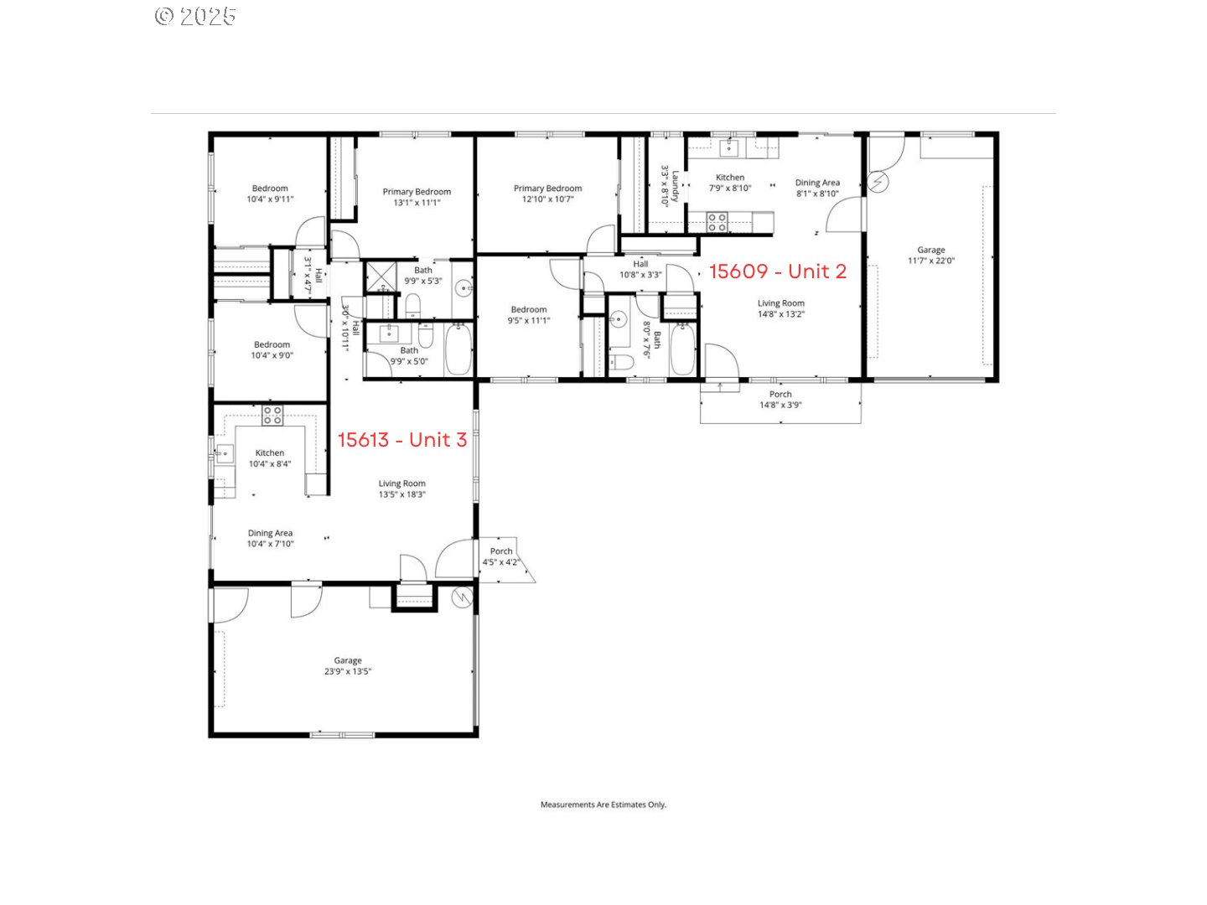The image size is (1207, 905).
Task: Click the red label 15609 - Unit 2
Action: pos(777,271)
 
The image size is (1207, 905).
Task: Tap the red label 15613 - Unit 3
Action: pos(402,440)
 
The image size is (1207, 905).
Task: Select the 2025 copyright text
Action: pos(195,17)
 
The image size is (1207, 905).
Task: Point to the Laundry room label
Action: pos(670,186)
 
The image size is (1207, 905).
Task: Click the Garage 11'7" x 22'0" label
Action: pos(930,256)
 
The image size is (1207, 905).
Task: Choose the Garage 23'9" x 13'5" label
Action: pos(348,665)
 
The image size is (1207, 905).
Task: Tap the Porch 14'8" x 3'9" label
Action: pos(780,400)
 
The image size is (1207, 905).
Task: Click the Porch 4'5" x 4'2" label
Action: pos(501,556)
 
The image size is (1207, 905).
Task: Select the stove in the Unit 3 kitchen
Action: pos(272,416)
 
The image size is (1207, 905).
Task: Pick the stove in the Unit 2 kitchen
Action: pos(717,223)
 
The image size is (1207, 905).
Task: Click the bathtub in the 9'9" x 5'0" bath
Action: pos(458,349)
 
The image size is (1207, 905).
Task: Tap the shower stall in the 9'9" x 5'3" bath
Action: pos(381,277)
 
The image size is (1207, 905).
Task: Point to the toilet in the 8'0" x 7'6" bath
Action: pos(621,363)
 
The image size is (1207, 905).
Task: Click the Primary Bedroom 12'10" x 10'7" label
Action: pos(547,194)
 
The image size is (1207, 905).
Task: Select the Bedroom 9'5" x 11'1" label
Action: pos(528,315)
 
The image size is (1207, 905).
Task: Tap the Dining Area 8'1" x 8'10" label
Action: pos(817,188)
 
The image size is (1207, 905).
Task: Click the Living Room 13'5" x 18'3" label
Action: pos(401,489)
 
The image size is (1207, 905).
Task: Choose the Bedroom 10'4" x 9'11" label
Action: pos(270,194)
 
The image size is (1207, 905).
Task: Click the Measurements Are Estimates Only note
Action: pos(603,804)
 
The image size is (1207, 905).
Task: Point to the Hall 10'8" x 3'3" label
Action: pos(640,269)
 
